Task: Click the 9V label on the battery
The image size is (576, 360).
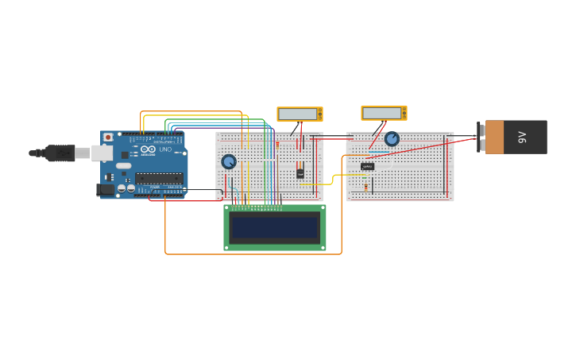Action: (523, 137)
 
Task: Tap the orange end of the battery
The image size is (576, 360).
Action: (494, 137)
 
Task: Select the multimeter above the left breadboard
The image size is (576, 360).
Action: (300, 114)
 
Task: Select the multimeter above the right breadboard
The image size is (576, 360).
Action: (384, 113)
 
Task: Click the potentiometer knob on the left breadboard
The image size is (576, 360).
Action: (229, 161)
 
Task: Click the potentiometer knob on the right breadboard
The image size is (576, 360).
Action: (392, 139)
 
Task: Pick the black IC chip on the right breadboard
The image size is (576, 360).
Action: (367, 166)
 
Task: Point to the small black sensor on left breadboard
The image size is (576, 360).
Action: (300, 172)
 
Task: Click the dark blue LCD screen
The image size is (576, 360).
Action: (275, 228)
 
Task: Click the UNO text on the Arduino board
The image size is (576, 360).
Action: (165, 149)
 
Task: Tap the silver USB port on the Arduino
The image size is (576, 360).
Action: (102, 153)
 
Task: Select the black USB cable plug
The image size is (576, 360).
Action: (60, 153)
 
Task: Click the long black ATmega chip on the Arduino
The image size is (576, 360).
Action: (159, 178)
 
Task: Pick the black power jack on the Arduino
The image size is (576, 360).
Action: (105, 189)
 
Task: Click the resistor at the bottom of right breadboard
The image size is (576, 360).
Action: (366, 188)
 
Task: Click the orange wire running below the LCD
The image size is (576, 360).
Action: (254, 254)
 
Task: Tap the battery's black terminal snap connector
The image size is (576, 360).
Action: (481, 137)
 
